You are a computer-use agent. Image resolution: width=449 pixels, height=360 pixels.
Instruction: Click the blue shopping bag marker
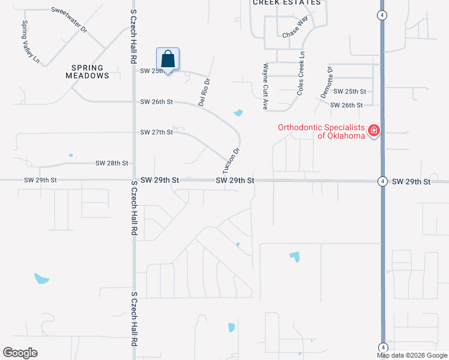[x=168, y=60]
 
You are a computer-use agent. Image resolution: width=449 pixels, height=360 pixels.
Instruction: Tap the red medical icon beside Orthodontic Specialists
[x=373, y=130]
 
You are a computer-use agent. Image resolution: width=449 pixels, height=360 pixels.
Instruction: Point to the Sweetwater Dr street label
[x=70, y=20]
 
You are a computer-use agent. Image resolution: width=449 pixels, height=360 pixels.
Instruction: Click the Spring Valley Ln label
[x=30, y=42]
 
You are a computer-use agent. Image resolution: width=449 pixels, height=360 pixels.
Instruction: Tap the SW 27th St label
[x=156, y=132]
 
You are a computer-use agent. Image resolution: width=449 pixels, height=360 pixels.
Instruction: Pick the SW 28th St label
[x=112, y=163]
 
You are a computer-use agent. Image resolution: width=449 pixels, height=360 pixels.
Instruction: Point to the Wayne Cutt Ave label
[x=265, y=87]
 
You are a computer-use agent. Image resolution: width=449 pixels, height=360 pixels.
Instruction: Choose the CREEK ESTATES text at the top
[x=286, y=3]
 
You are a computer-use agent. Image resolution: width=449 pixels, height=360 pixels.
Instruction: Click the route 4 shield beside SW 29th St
[x=382, y=181]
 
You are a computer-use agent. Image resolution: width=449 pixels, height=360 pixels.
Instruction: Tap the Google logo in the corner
[x=20, y=353]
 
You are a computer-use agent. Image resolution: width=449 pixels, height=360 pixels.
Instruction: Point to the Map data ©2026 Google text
[x=412, y=355]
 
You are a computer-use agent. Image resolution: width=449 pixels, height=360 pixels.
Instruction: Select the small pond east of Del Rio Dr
[x=238, y=113]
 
